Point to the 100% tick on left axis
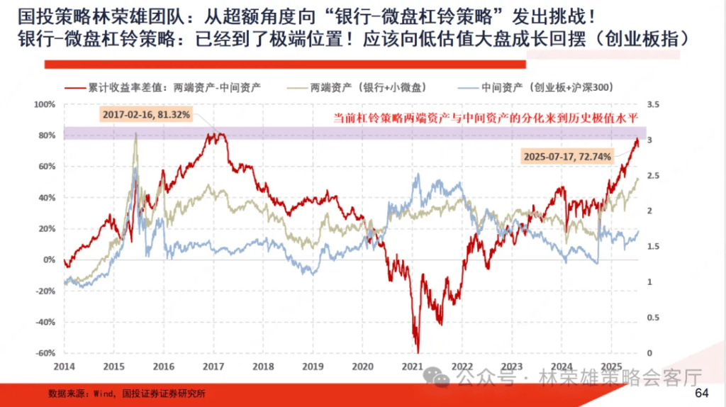point(44,104)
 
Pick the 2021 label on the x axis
point(412,366)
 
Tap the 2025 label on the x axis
point(611,366)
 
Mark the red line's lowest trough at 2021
point(418,351)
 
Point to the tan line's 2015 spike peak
point(135,133)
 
